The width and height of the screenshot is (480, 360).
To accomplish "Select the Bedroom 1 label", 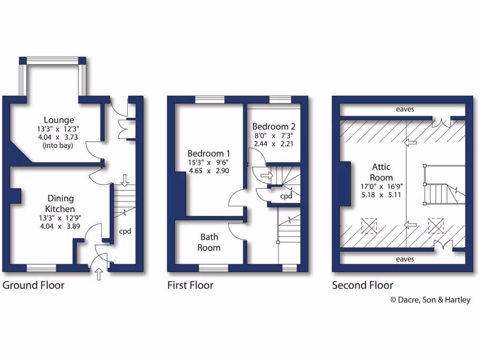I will pos(209,153).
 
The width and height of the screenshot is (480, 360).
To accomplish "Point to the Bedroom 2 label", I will pos(274,127).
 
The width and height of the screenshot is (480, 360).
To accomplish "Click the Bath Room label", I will pos(209,242).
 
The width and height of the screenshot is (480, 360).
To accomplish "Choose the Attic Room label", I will pos(381,172).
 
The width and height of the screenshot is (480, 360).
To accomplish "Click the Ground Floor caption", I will pos(34,285).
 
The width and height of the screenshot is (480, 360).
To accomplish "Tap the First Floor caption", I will pos(190,285).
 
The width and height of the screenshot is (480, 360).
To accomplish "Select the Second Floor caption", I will pos(362,285).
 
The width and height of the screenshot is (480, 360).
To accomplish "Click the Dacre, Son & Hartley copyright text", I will pos(430,300).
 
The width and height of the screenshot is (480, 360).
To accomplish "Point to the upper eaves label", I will pos(405,110).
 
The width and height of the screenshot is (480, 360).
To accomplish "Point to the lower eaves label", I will pos(405,259).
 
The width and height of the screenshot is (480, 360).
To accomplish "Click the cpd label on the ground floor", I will pos(124,231).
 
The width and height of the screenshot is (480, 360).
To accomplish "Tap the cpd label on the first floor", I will pos(286,196).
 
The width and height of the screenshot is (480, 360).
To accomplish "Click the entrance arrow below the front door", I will pos(99,274).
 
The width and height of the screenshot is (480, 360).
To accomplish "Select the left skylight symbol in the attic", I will pos(369,225).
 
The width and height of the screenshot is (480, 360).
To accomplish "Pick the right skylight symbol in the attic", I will pos(435,225).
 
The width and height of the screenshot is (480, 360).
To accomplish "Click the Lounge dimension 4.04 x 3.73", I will pos(59,137).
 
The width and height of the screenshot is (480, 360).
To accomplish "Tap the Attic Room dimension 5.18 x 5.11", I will pos(381,194).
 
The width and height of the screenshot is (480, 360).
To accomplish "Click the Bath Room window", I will pos(213,268).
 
